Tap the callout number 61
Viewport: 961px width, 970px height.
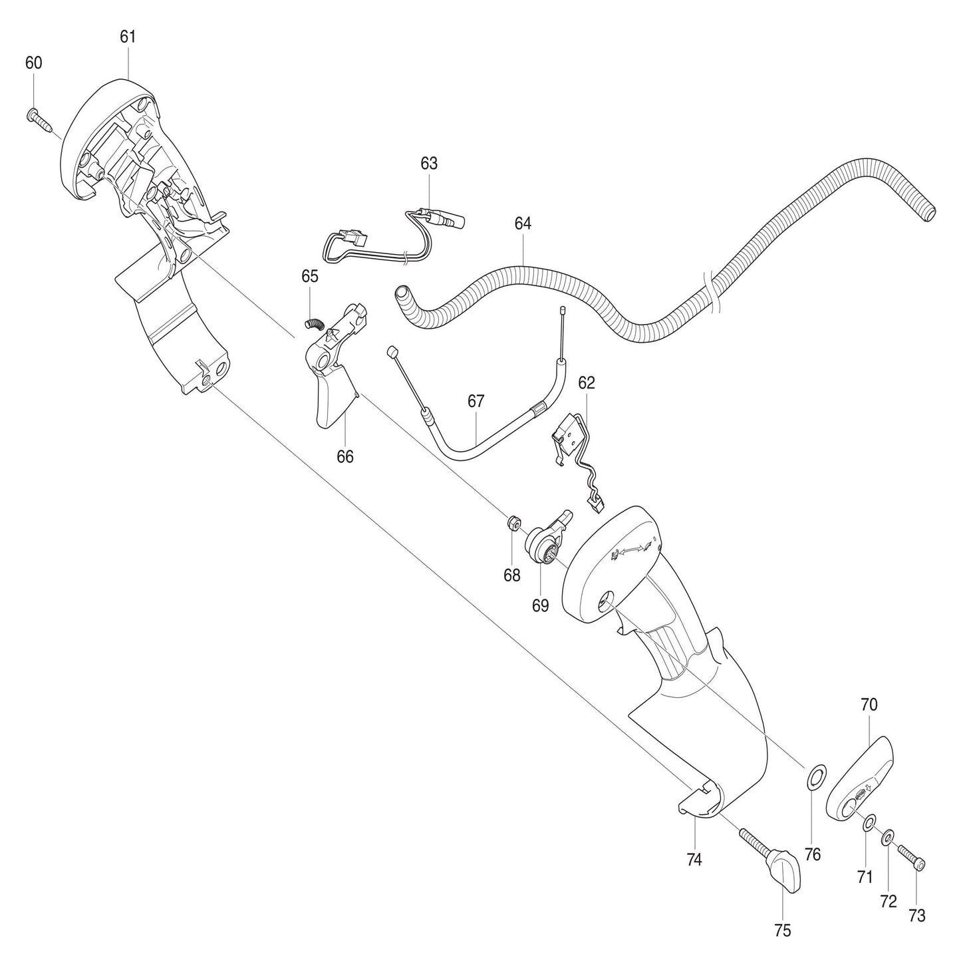tap(128, 37)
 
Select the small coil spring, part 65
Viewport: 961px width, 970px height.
tap(313, 323)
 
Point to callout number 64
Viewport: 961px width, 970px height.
tap(523, 224)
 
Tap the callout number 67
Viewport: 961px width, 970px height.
tap(476, 401)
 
